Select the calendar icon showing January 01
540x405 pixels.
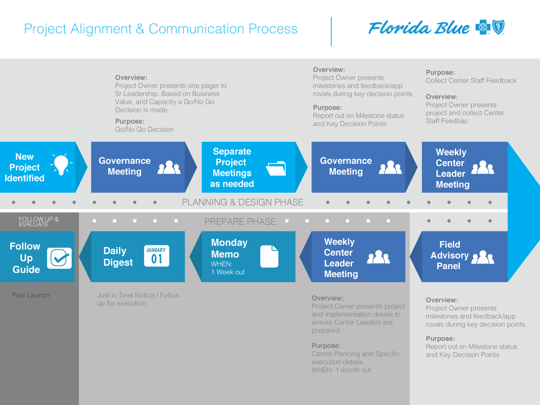coord(156,256)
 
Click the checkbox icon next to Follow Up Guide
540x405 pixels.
coord(59,258)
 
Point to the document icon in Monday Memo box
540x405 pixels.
coord(269,256)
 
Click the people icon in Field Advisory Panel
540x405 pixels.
coord(483,256)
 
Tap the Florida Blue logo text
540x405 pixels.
coord(419,28)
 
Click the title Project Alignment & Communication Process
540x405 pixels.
coord(160,29)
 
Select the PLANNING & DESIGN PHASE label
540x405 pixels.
coord(243,202)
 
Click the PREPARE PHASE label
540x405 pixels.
coord(240,221)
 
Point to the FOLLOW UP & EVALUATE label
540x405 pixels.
coord(38,221)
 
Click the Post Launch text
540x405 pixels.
coord(31,295)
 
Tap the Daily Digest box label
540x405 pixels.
coord(118,256)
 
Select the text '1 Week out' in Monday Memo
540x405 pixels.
coord(228,272)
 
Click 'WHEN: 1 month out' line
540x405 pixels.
coord(341,370)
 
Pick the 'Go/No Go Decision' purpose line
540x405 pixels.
coord(144,129)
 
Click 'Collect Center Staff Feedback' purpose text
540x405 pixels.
coord(471,81)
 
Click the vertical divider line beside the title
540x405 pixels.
coord(331,31)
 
